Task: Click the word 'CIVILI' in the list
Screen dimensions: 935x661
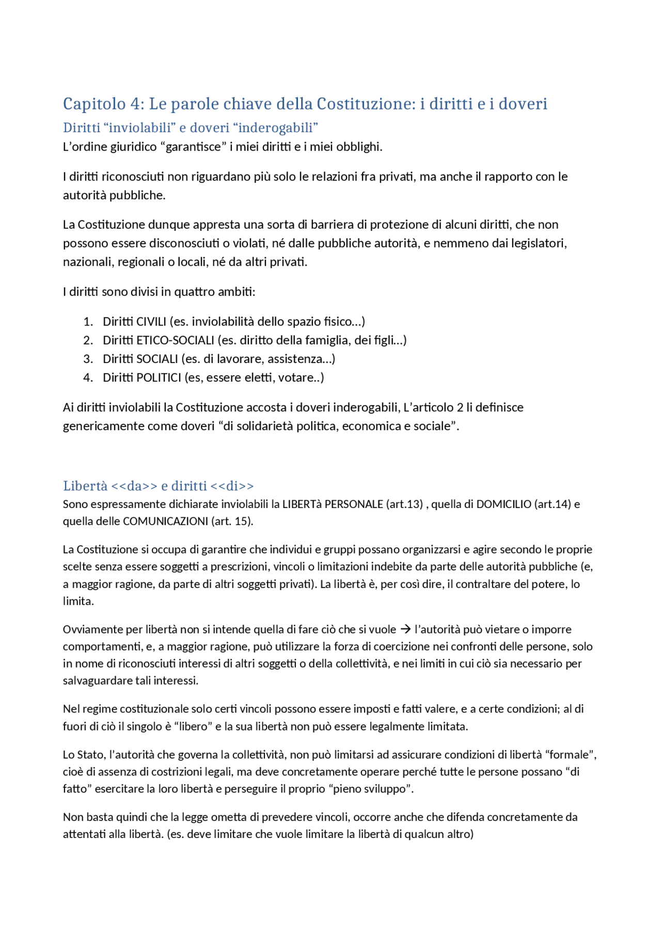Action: pyautogui.click(x=151, y=322)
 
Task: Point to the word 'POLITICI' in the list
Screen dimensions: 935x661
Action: pyautogui.click(x=159, y=377)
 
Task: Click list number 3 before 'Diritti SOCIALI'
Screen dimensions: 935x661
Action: pyautogui.click(x=88, y=359)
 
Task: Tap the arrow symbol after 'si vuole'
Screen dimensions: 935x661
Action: pyautogui.click(x=405, y=629)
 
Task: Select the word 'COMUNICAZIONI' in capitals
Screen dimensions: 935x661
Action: pyautogui.click(x=165, y=521)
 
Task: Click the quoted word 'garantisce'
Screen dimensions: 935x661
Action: pyautogui.click(x=193, y=147)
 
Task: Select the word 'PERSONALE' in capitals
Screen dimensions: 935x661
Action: pyautogui.click(x=354, y=504)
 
